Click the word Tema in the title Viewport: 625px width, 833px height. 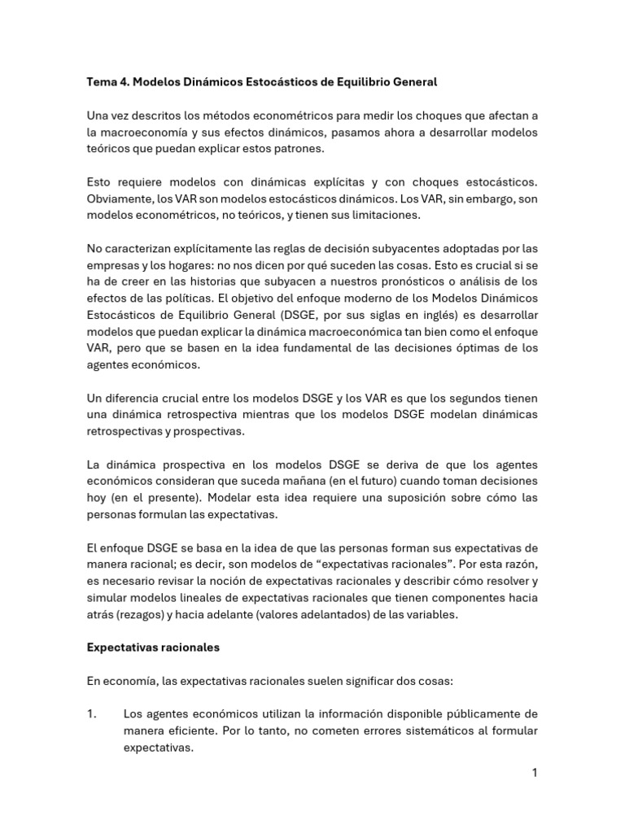tap(102, 82)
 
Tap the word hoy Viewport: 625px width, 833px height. tap(97, 498)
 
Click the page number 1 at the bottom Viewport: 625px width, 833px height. tap(535, 773)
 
